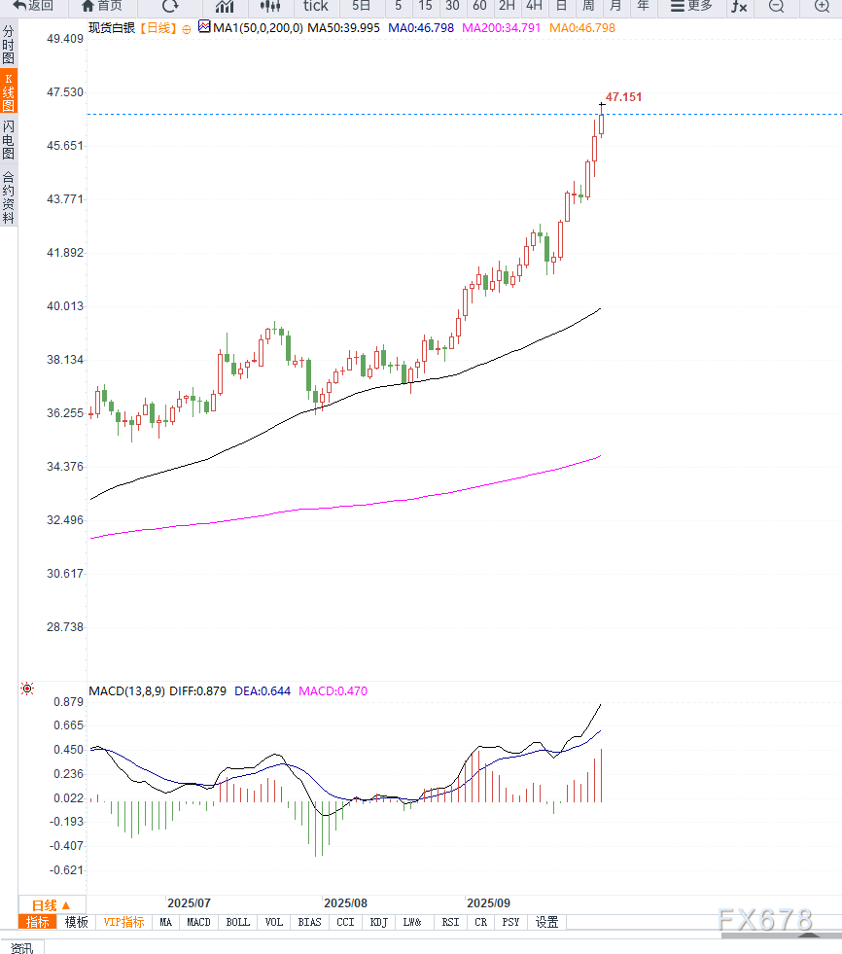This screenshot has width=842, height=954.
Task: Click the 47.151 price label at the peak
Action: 623,97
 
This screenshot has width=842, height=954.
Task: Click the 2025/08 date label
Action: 345,903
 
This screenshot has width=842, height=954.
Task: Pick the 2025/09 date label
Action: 489,903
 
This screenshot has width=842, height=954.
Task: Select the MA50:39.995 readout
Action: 344,28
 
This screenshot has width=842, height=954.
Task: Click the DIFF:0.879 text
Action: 198,691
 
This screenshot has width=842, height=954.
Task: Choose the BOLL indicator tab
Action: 237,922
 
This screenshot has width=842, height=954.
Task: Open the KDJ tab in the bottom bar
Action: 378,922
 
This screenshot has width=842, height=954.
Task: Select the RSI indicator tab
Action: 450,922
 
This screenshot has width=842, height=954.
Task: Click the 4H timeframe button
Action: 534,6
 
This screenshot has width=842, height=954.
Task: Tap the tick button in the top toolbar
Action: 316,6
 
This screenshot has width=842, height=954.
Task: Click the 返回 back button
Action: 33,6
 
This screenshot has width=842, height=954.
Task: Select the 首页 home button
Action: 102,6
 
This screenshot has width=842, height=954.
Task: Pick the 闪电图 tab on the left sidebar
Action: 9,140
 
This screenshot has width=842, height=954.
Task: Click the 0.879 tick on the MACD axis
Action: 67,702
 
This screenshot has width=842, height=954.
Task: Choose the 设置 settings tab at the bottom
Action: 546,922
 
